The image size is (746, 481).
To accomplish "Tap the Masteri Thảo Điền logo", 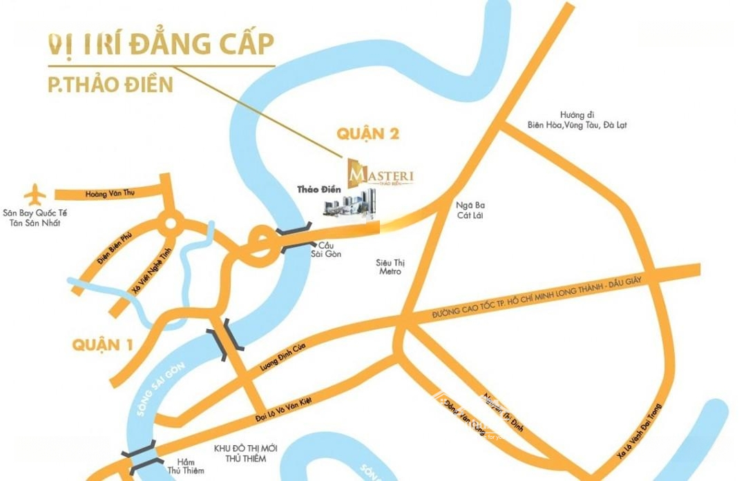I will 381,173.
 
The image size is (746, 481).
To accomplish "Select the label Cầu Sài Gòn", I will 325,249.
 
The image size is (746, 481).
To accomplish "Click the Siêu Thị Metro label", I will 388,267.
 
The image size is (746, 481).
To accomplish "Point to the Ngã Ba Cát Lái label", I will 473,210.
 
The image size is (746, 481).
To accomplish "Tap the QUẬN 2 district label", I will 367,134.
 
